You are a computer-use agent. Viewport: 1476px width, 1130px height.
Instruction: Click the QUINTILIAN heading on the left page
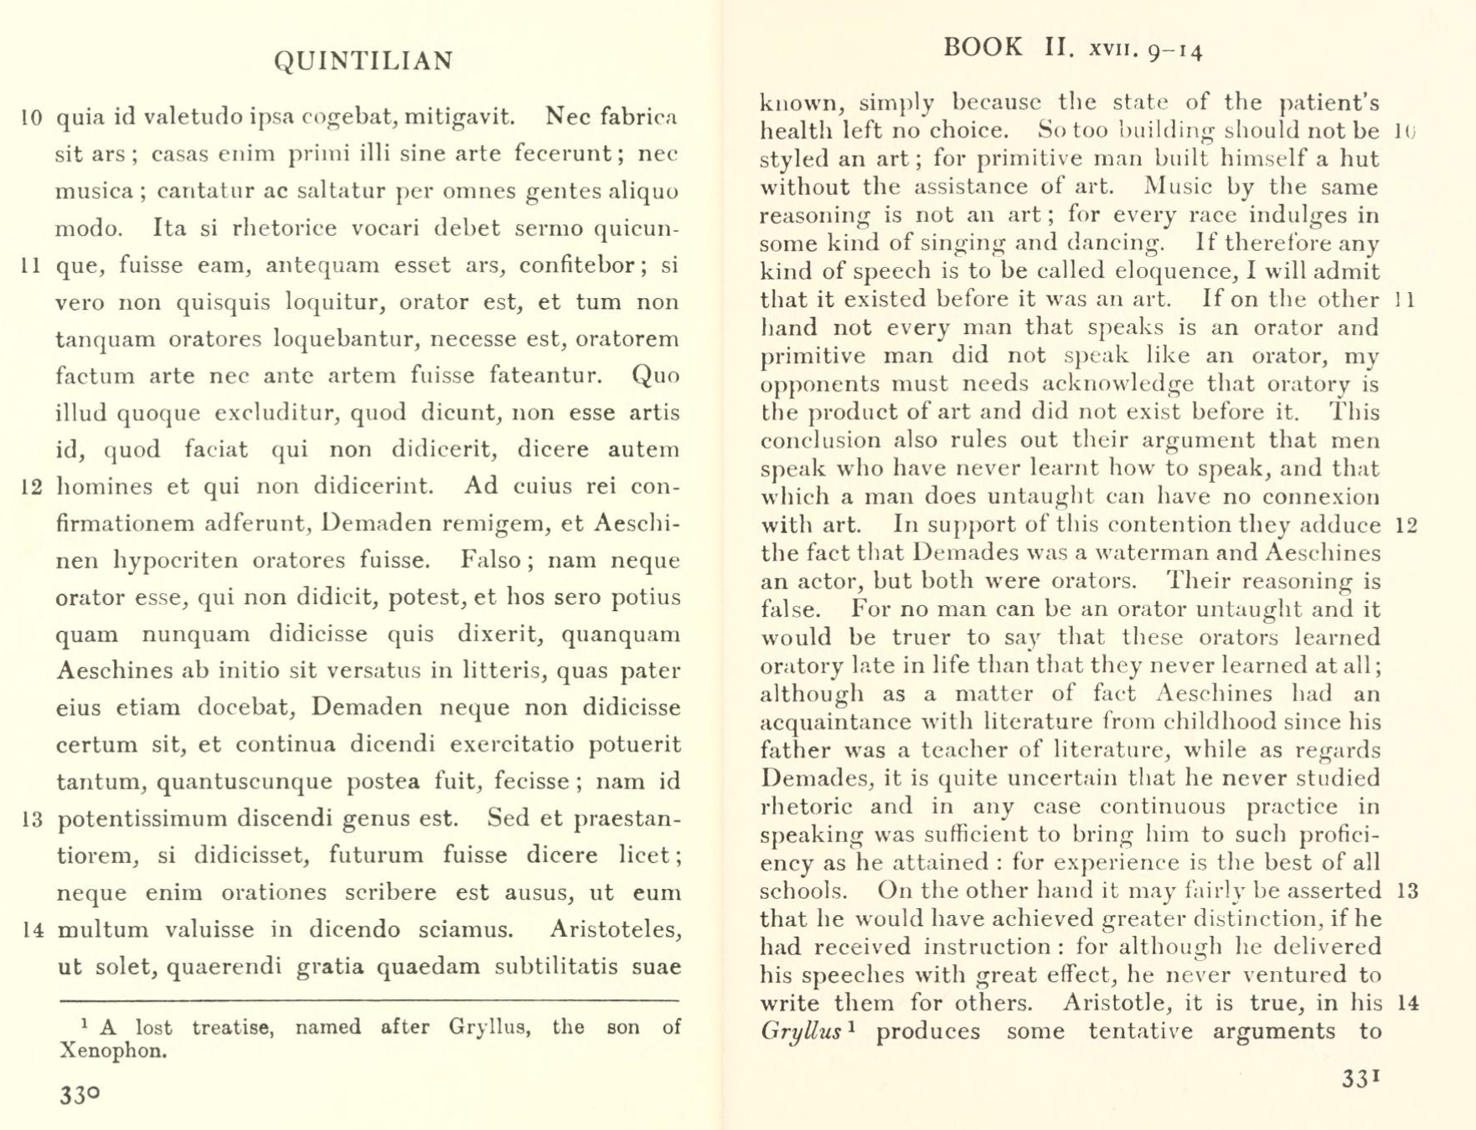tap(364, 61)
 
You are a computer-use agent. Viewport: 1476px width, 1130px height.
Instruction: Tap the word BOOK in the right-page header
tap(983, 47)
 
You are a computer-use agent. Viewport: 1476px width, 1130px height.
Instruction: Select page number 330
tap(80, 1095)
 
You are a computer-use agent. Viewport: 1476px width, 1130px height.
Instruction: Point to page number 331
tap(1360, 1079)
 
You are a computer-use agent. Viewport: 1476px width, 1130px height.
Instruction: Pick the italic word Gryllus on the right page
tap(800, 1031)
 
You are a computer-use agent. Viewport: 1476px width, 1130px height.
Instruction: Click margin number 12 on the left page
tap(32, 487)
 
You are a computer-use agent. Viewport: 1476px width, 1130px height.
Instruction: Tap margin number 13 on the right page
tap(1408, 891)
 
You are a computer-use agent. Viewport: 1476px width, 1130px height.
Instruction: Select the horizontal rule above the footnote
tap(369, 1000)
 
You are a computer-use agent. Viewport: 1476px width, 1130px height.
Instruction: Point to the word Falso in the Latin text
tap(492, 560)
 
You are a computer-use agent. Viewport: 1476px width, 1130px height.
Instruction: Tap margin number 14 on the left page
tap(32, 930)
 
